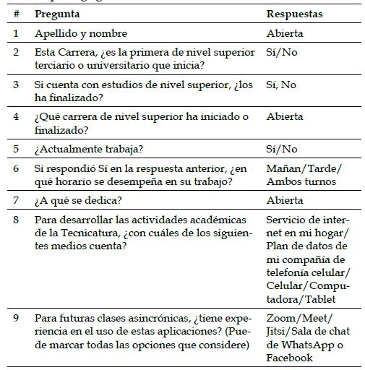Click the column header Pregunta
(57, 14)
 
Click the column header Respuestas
(294, 14)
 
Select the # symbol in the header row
(16, 14)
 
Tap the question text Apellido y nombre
(81, 33)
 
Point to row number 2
(16, 53)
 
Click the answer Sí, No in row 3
(280, 85)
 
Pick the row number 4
(16, 116)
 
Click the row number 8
(16, 220)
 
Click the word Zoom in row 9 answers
(280, 319)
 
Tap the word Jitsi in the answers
(278, 332)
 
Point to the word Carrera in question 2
(80, 53)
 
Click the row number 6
(16, 168)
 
